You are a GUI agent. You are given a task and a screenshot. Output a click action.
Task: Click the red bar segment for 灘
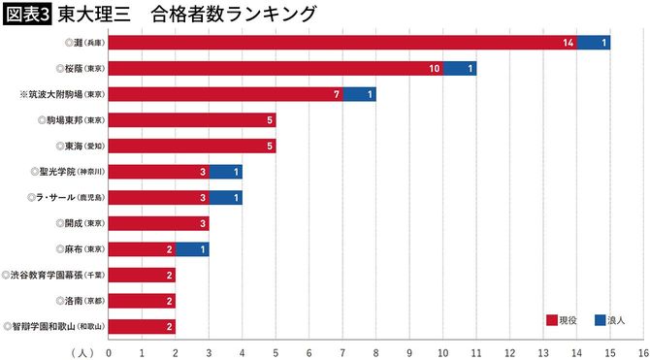(342, 44)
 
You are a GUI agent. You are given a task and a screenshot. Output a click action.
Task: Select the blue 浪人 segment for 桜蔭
(460, 69)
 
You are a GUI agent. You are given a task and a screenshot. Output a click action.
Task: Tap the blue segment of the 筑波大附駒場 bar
(359, 94)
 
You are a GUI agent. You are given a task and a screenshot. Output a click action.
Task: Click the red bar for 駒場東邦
(192, 120)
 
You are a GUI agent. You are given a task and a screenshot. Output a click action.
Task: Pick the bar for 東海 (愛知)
(192, 146)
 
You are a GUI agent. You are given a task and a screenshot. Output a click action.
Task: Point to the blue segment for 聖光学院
(225, 172)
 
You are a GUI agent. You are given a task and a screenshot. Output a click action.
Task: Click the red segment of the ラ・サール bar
(158, 197)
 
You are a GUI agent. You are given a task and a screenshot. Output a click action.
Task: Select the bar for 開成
(158, 223)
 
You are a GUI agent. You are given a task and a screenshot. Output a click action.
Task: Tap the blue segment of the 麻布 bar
(192, 249)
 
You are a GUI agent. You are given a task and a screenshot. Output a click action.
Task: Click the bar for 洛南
(142, 301)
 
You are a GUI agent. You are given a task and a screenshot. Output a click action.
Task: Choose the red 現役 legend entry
(563, 319)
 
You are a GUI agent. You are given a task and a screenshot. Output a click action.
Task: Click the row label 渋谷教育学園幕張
(53, 275)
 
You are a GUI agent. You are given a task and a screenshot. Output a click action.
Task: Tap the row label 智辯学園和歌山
(54, 326)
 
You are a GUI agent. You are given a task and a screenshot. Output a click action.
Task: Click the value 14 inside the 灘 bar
(568, 44)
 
